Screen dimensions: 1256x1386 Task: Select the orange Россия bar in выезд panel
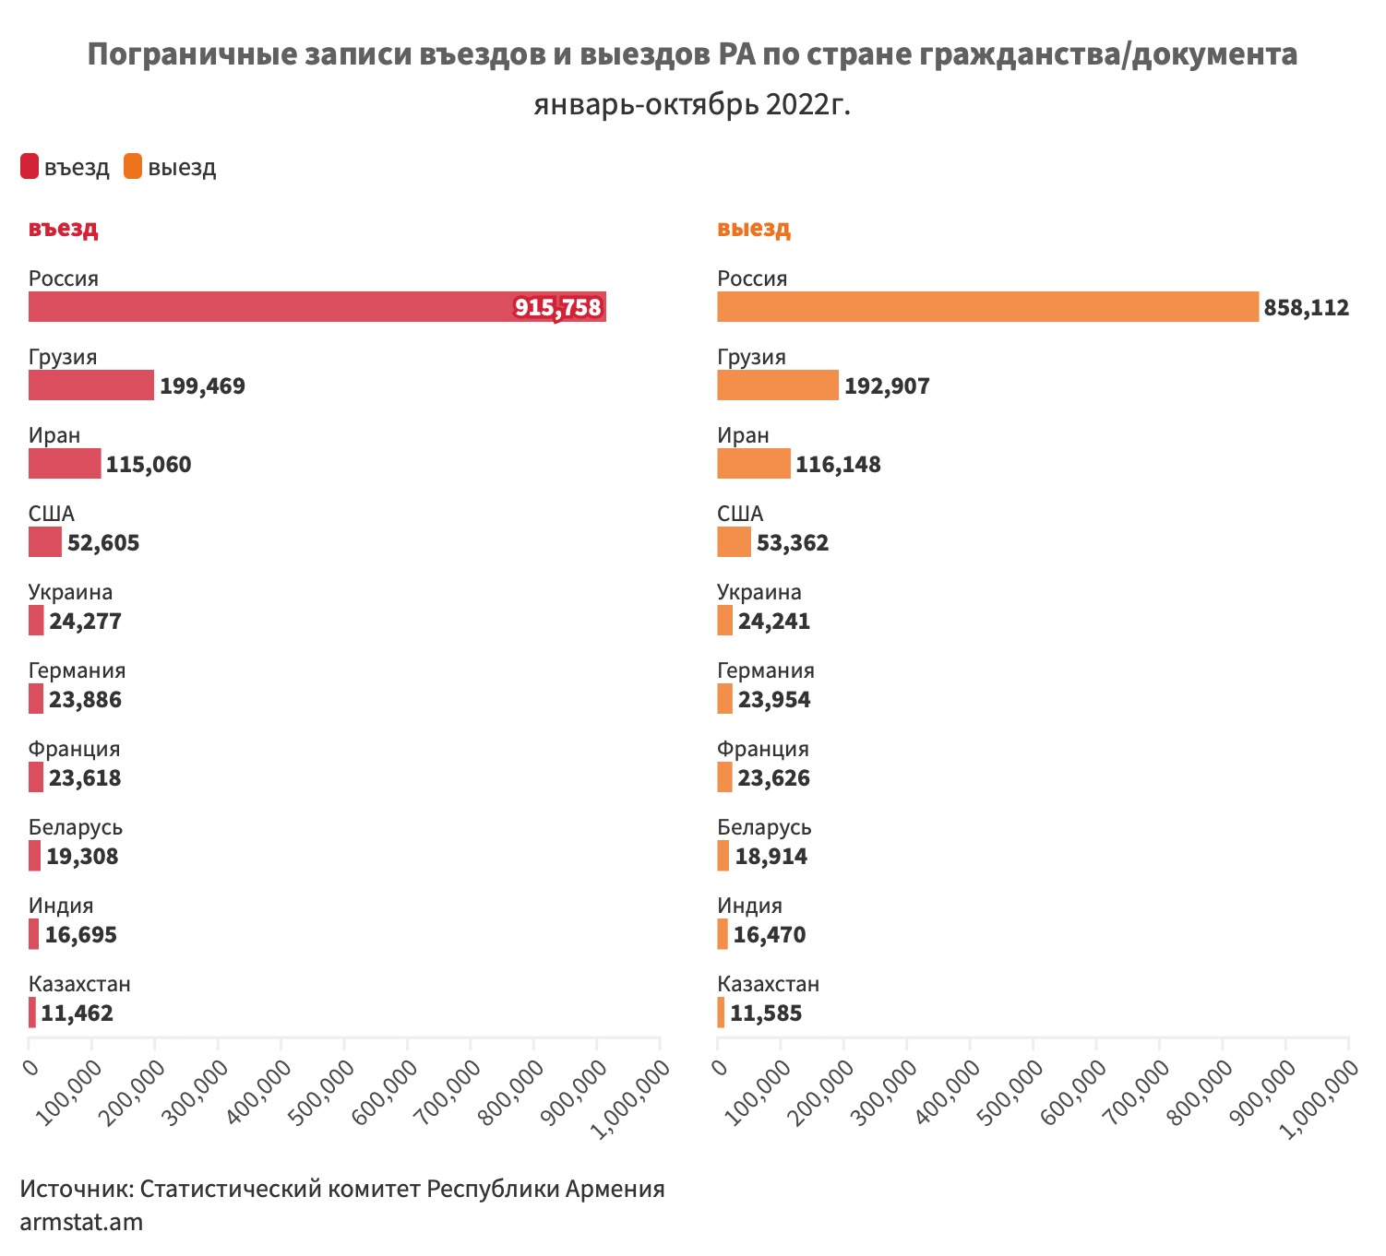pos(987,307)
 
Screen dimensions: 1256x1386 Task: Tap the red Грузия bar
pos(91,385)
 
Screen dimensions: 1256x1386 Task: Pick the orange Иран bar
pos(753,464)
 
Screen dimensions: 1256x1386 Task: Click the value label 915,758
pos(558,307)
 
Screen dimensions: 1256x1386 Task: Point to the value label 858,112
pos(1306,307)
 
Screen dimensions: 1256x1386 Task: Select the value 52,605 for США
pos(103,542)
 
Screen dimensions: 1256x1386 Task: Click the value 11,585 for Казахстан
pos(766,1013)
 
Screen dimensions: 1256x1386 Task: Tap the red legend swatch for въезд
pos(30,167)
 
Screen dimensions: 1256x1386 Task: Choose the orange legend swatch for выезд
pos(133,167)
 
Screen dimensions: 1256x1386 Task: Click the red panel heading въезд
pos(63,229)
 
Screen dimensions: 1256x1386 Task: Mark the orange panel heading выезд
pos(753,229)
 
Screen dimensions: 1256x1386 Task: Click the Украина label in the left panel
pos(70,592)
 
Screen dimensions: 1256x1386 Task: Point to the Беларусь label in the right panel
pos(764,827)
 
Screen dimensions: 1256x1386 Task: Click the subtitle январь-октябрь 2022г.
pos(692,105)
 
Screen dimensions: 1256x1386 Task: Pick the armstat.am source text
pos(81,1223)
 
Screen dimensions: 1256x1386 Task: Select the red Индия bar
pos(34,934)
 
